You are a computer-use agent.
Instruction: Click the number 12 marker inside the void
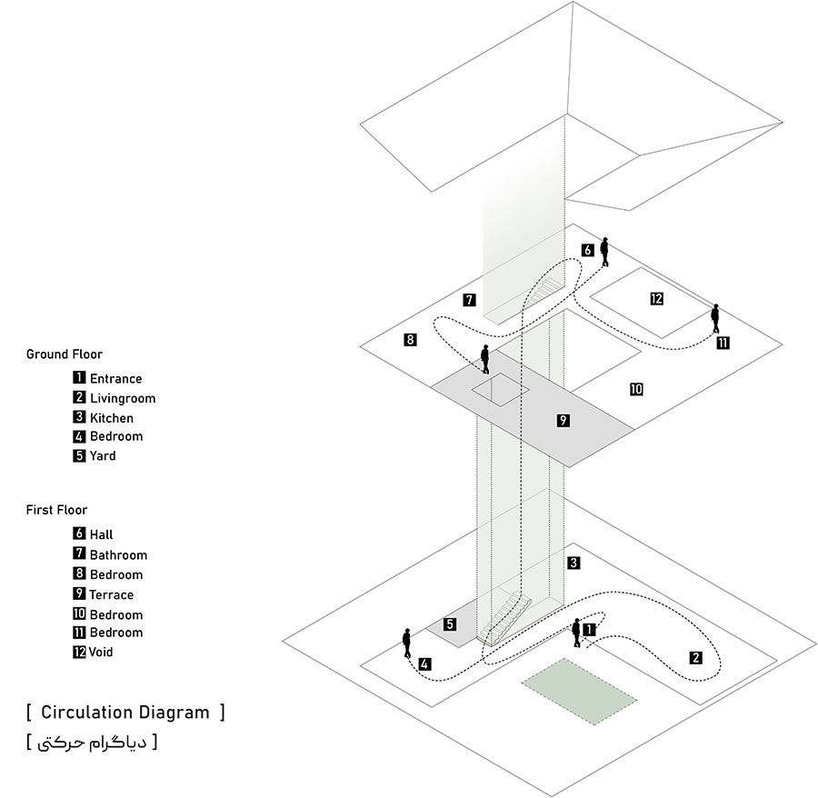pos(656,298)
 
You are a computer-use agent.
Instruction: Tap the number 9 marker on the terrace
pos(564,420)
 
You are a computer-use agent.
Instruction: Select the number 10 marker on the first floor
pos(636,389)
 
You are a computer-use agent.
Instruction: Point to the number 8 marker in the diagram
pos(411,340)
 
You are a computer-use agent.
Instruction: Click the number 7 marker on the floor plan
pos(469,299)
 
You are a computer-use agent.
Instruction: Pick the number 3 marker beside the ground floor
pos(574,563)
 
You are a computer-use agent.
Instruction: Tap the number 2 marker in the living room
pos(696,658)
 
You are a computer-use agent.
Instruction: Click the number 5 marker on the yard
pos(450,623)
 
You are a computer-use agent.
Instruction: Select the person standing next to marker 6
pos(604,252)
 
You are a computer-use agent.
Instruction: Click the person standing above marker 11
pos(715,317)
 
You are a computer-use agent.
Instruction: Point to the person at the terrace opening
pos(486,359)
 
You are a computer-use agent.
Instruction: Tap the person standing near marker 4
pos(407,643)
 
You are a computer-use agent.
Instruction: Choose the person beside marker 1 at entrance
pos(576,633)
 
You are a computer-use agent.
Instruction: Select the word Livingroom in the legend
pos(122,398)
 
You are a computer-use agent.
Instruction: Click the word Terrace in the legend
pos(111,594)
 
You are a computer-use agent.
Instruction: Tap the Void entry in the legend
pos(103,652)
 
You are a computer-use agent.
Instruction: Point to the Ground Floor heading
pos(64,354)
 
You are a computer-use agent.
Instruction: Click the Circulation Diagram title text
pos(125,712)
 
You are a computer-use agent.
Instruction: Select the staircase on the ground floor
pos(505,618)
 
